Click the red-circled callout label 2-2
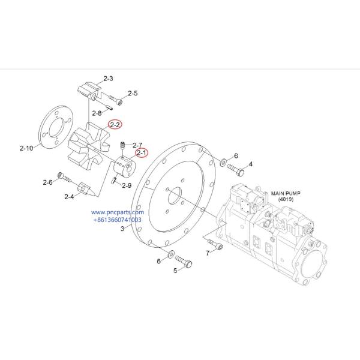[x=115, y=125]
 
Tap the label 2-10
[x=27, y=148]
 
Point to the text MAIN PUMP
[x=285, y=194]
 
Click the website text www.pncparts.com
[x=118, y=212]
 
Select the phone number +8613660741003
[x=117, y=220]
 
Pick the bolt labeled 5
[x=185, y=262]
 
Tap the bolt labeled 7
[x=215, y=245]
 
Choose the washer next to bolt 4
[x=223, y=162]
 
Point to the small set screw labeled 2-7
[x=122, y=145]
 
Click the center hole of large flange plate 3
[x=175, y=196]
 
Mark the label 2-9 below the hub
[x=126, y=185]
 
